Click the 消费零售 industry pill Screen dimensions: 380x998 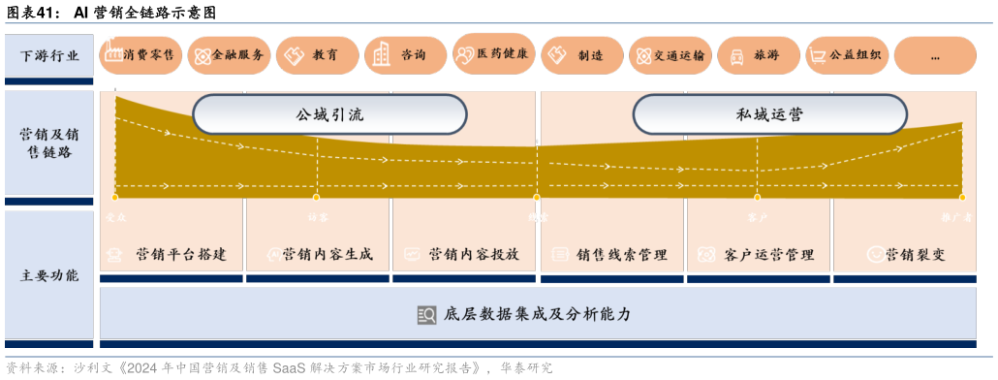(x=140, y=55)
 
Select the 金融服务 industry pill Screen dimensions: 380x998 (x=228, y=55)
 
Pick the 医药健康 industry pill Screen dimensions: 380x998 (x=493, y=54)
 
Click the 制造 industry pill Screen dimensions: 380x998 (x=580, y=55)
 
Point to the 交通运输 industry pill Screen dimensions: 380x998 (x=670, y=55)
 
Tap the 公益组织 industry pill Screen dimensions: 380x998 (x=846, y=55)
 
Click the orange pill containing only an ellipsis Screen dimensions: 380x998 (x=934, y=55)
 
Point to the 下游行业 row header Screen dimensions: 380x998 (x=49, y=55)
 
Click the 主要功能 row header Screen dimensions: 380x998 (x=49, y=275)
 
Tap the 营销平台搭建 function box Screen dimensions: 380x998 (x=172, y=254)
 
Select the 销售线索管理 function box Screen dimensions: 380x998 (x=611, y=254)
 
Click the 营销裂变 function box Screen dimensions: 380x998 (x=904, y=254)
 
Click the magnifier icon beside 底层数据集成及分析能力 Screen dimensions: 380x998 (x=426, y=314)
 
